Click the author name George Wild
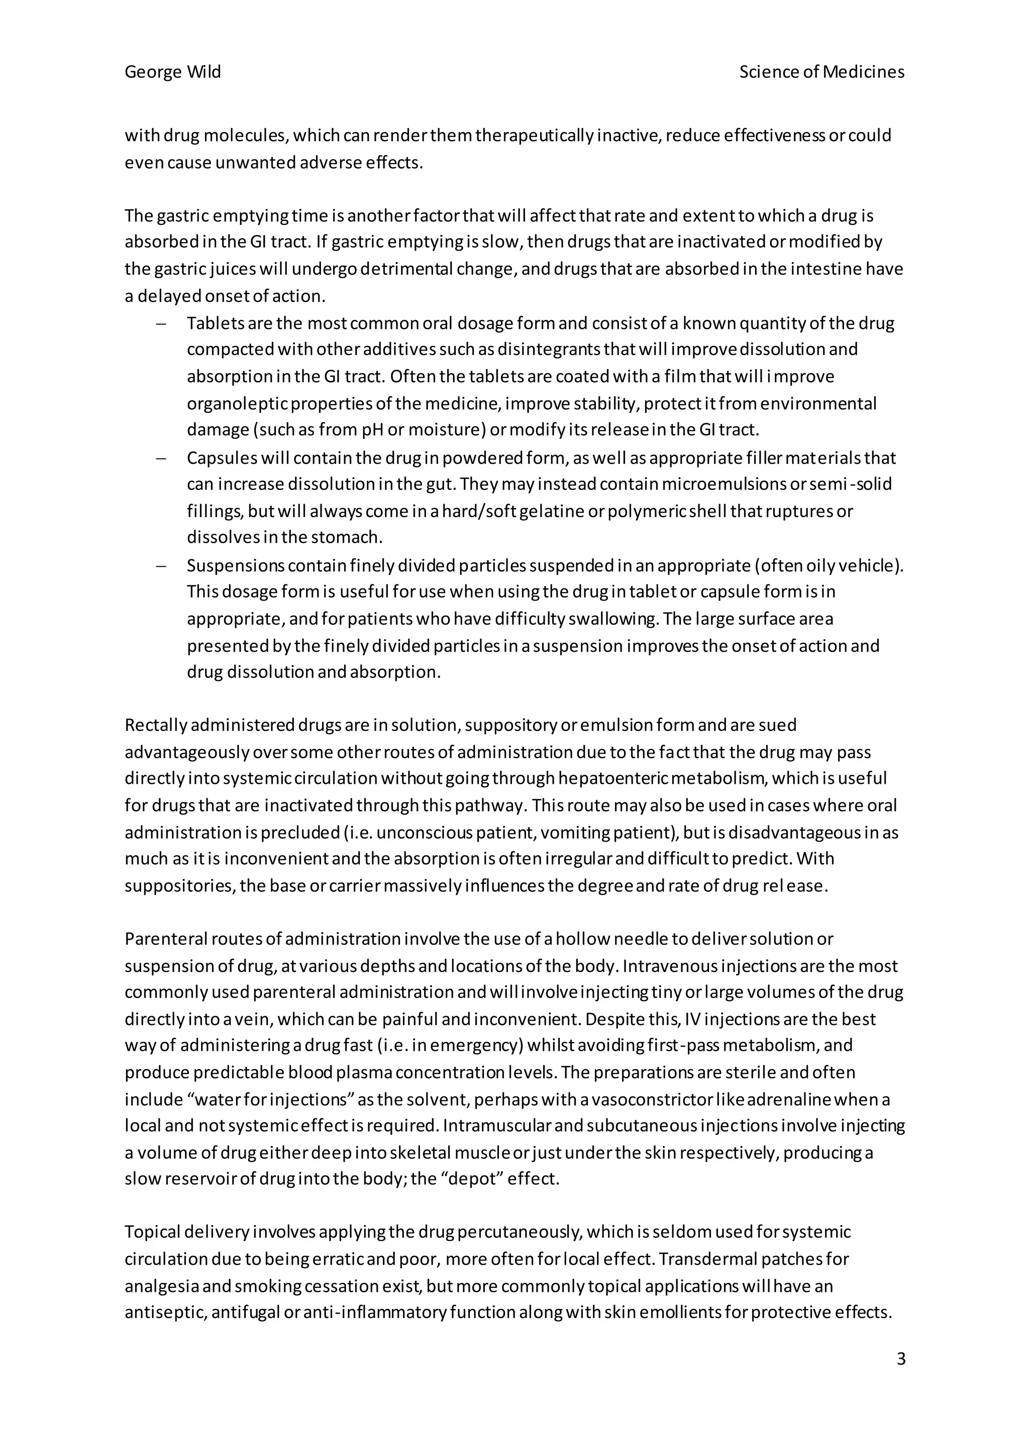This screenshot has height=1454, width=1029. pyautogui.click(x=172, y=72)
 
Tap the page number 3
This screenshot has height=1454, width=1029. pyautogui.click(x=901, y=1359)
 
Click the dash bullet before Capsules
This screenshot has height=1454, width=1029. pyautogui.click(x=161, y=458)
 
